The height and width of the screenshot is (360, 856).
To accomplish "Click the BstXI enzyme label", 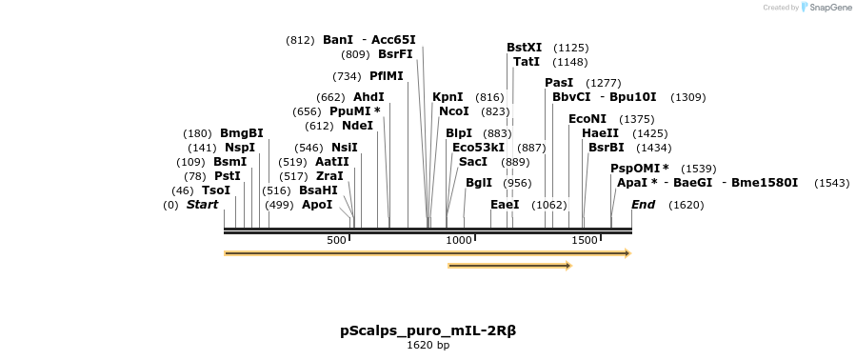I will (x=524, y=48).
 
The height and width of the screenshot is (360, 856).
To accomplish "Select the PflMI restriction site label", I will (x=387, y=76).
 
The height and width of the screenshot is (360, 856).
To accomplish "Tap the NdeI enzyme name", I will (x=357, y=126).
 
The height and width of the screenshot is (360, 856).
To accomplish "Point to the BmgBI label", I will (x=241, y=133).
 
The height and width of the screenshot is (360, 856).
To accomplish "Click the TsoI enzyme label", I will (x=216, y=190).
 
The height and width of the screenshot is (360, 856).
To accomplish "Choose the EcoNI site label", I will (x=587, y=119).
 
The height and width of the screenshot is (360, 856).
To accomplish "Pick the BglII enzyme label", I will (x=479, y=183).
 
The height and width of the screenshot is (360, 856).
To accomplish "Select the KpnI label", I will (x=448, y=97).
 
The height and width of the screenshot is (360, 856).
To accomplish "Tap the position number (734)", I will (x=347, y=76).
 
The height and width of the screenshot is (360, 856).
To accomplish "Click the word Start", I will (x=202, y=205).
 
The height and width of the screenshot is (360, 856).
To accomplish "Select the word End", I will (x=644, y=205).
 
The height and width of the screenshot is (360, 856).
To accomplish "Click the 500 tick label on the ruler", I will (x=336, y=241).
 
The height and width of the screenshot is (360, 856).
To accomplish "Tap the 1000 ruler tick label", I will (x=459, y=241).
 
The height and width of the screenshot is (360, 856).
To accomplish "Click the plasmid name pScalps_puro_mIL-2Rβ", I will (x=428, y=331).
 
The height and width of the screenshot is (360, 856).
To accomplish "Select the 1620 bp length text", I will (x=428, y=346).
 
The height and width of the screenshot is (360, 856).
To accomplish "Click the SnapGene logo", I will (x=825, y=8).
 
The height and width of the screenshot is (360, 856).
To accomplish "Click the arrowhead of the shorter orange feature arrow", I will (x=567, y=266).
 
